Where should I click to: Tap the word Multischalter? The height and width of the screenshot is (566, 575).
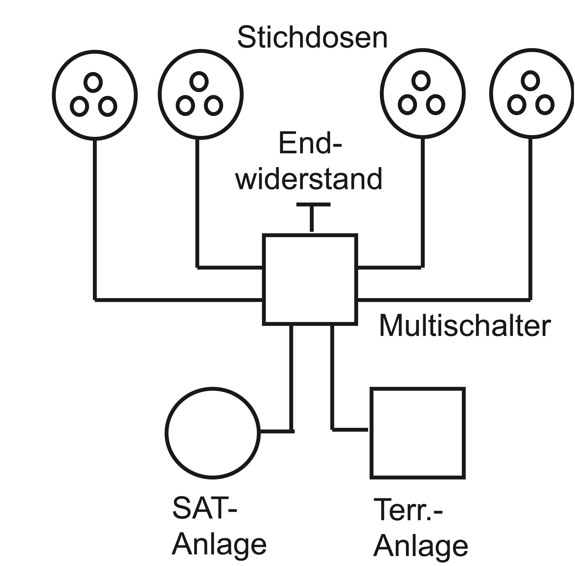click(x=465, y=326)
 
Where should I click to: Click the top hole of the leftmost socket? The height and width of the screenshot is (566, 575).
click(x=93, y=82)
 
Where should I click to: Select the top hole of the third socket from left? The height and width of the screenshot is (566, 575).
click(x=421, y=81)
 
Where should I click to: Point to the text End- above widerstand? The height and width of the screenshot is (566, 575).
click(x=310, y=144)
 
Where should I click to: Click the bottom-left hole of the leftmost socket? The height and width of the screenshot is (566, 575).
click(x=79, y=106)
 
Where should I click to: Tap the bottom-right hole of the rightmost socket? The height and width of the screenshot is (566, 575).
click(x=545, y=105)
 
